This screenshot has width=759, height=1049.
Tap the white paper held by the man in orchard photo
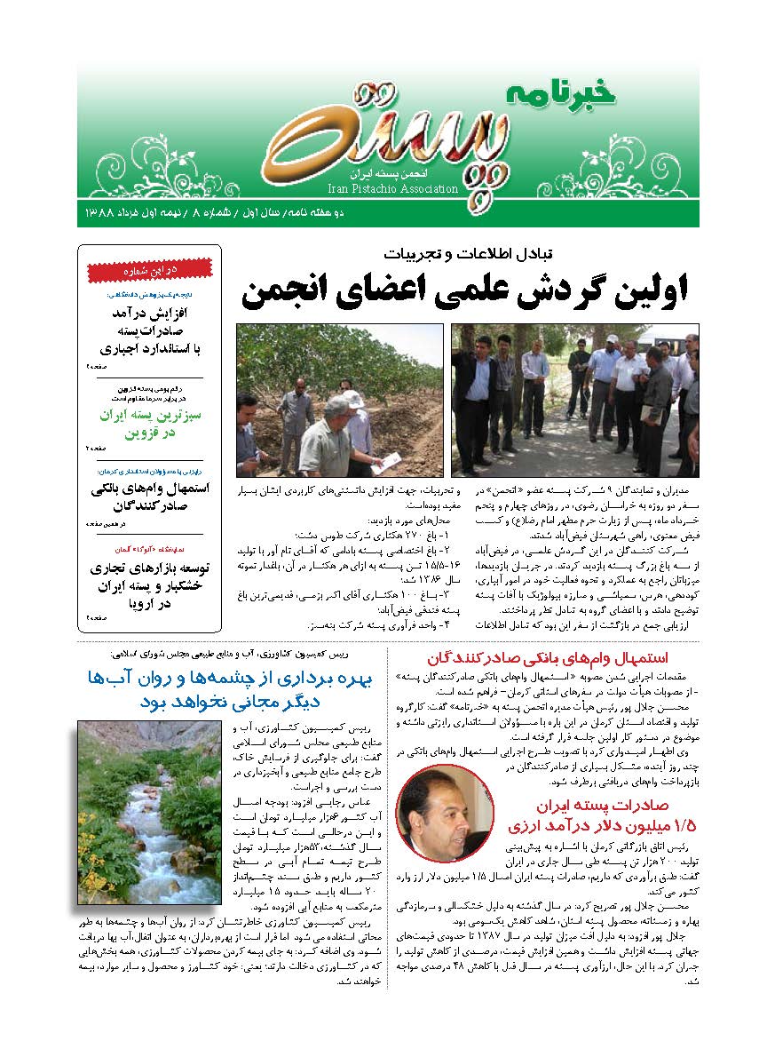pos(387,462)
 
